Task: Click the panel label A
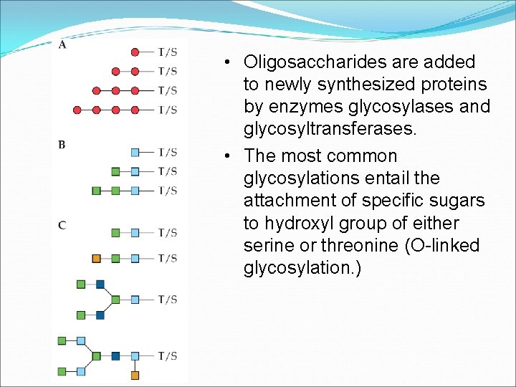pos(62,45)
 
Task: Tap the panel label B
pos(62,145)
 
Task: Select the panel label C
pos(62,225)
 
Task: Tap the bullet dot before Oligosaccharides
pos(226,62)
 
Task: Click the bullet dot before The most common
pos(226,156)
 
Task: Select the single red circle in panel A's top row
pos(135,52)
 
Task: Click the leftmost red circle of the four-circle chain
pos(77,110)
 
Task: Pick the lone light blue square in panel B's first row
pos(135,152)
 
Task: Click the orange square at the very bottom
pos(135,375)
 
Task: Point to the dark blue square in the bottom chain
pos(115,355)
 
